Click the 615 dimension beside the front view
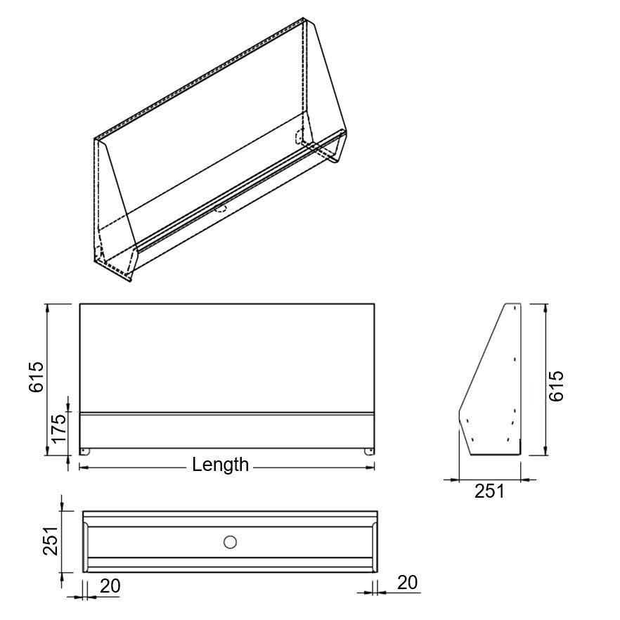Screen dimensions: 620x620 coord(36,377)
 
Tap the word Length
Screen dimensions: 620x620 coord(220,465)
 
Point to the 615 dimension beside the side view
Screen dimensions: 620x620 coord(556,386)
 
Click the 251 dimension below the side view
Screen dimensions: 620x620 coord(489,491)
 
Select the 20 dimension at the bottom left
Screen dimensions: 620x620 coord(109,585)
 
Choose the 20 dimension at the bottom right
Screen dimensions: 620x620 coord(408,582)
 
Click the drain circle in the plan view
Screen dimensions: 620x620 coord(229,542)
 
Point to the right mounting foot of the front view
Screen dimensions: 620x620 coord(368,451)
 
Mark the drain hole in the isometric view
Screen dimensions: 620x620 coord(221,207)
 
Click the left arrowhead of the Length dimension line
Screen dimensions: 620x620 coord(83,465)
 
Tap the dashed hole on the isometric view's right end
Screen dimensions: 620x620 coord(299,135)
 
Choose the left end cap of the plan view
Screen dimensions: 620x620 coord(85,541)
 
